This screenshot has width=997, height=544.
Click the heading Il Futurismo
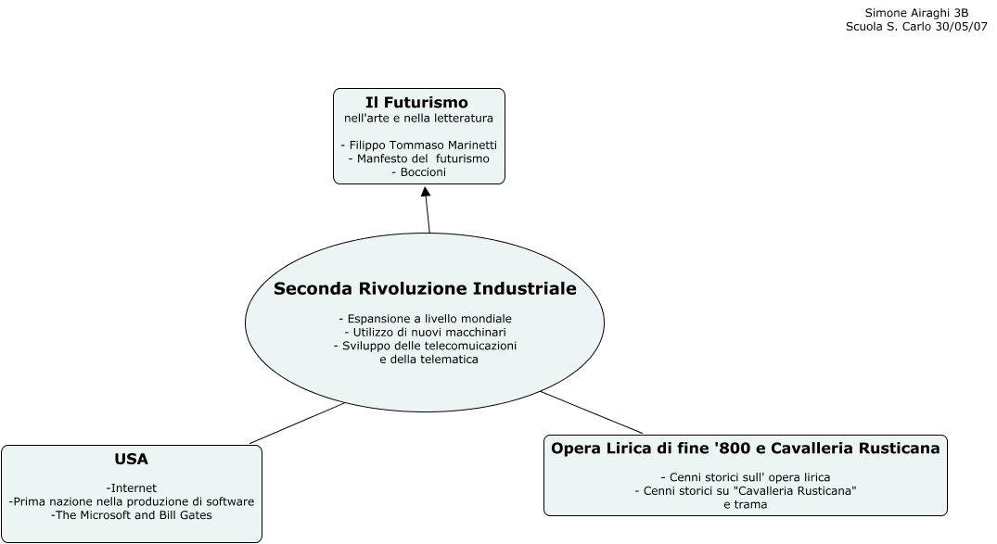click(x=416, y=102)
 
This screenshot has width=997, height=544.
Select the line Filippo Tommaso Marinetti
click(x=419, y=145)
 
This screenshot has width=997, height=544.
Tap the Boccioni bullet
click(x=419, y=172)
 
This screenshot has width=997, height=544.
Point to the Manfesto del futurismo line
click(x=419, y=159)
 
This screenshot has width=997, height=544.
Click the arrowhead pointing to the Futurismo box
click(x=426, y=192)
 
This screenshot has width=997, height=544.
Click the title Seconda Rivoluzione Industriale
click(x=425, y=289)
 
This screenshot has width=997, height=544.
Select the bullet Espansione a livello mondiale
click(x=425, y=319)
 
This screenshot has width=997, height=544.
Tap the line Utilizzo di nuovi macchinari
click(x=425, y=332)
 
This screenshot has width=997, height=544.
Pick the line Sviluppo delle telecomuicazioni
click(x=425, y=346)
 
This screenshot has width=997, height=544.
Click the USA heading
click(x=132, y=459)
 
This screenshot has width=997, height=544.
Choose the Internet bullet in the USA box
click(x=132, y=487)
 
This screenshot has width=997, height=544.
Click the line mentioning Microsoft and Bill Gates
click(x=132, y=515)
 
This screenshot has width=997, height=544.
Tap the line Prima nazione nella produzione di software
click(x=132, y=501)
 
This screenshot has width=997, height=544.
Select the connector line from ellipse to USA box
click(x=297, y=423)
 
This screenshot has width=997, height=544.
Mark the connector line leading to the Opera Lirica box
click(x=592, y=412)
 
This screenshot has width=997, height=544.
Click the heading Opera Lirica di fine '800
click(x=746, y=449)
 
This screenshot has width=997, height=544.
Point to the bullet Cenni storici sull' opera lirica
click(x=746, y=477)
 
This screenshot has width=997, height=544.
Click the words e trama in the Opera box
click(x=746, y=505)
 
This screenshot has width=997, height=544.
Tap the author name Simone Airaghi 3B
click(x=916, y=13)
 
